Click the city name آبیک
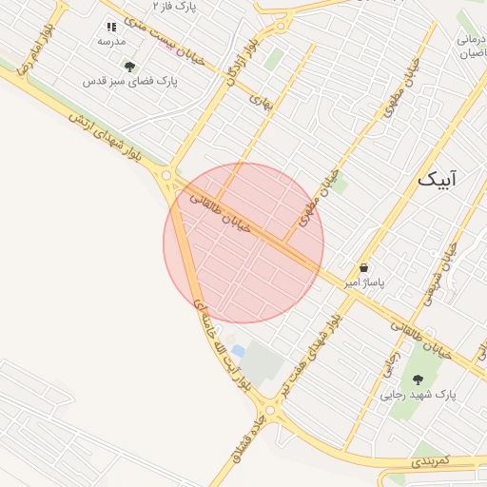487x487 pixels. (437, 179)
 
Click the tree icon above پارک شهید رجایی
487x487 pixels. (418, 380)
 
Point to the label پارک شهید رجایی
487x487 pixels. (418, 394)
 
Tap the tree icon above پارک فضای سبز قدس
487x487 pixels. (129, 67)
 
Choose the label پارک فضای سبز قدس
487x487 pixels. (130, 82)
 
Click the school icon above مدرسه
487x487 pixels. (111, 27)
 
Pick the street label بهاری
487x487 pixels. (260, 98)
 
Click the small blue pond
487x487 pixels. (237, 352)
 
